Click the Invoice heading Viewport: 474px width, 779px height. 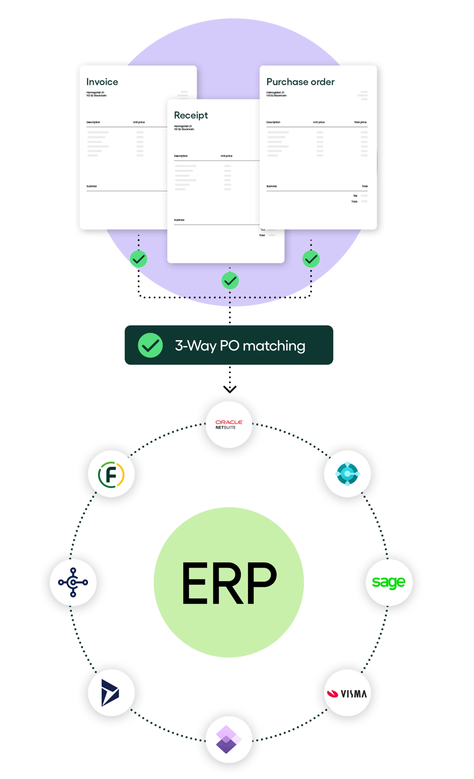point(102,82)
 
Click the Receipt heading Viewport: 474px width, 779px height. point(191,115)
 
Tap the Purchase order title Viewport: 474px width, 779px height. point(300,82)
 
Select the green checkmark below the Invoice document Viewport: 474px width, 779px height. point(138,259)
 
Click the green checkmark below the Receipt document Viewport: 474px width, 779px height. point(230,281)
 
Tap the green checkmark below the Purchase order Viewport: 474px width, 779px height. point(311,259)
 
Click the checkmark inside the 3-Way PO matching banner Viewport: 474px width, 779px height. point(150,345)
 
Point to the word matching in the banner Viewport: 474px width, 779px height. point(274,346)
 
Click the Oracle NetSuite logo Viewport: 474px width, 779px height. point(229,424)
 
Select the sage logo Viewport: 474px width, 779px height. point(388,582)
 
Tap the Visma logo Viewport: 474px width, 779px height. point(348,693)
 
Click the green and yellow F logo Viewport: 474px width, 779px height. point(111,474)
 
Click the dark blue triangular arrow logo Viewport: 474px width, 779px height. point(110,693)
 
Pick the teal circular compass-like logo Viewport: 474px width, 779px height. point(347,474)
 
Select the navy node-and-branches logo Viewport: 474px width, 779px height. point(73,582)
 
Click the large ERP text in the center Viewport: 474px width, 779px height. point(229,583)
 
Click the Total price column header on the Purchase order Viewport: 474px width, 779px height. point(360,122)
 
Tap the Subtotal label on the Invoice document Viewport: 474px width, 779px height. point(91,186)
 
